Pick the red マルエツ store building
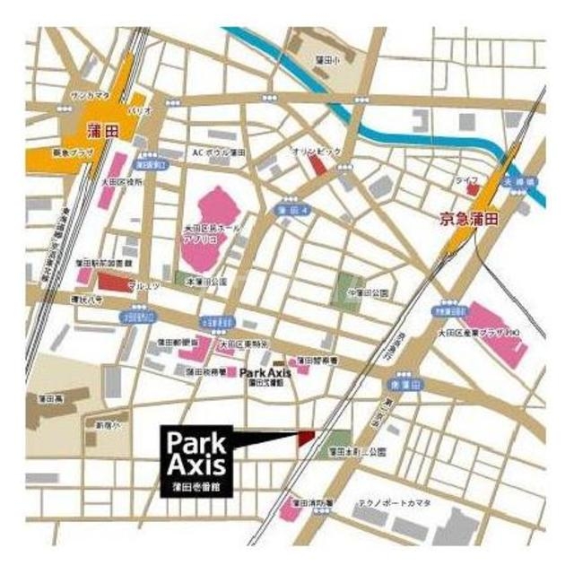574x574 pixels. tap(114, 283)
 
